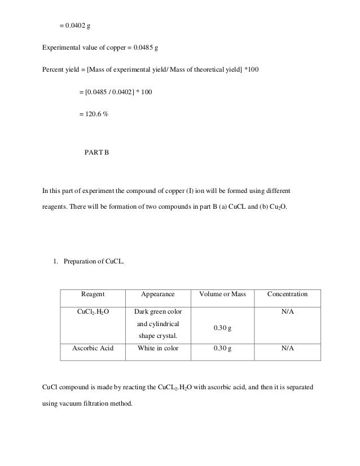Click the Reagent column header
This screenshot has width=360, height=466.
click(x=93, y=294)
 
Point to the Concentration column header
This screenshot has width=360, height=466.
click(x=287, y=294)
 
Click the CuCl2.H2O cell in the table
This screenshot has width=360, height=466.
click(x=93, y=311)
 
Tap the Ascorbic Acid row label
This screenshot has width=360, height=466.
click(x=93, y=348)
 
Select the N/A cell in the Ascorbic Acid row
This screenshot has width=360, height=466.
click(x=287, y=348)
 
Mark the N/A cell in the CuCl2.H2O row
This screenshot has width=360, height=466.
click(x=287, y=311)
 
